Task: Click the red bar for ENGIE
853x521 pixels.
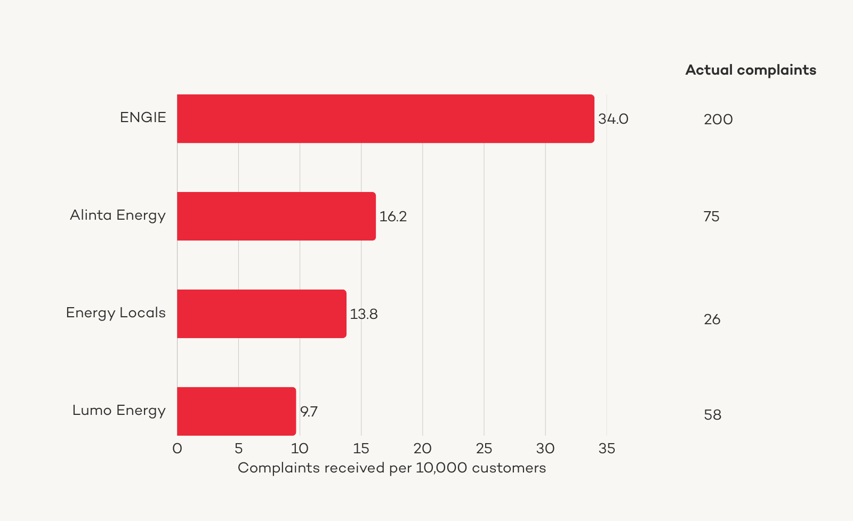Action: [385, 118]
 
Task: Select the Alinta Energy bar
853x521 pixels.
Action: [276, 216]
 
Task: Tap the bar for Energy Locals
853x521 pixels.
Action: [261, 314]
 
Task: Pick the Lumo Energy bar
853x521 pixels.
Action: [236, 411]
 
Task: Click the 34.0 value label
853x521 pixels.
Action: [613, 119]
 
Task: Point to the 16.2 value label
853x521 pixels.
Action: [393, 217]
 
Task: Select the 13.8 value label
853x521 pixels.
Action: [364, 314]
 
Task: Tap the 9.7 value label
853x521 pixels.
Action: [309, 412]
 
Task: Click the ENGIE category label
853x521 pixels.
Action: [143, 117]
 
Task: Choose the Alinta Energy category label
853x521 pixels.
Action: [118, 215]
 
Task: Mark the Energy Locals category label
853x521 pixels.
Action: [116, 312]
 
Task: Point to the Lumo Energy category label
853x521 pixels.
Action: [119, 410]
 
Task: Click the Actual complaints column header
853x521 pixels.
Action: [751, 70]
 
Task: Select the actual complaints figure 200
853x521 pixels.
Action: [718, 119]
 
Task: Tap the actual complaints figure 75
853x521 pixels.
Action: [711, 217]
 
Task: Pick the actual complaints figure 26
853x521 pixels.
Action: [712, 319]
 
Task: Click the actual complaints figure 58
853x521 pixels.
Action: [712, 415]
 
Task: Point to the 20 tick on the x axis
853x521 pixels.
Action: [423, 448]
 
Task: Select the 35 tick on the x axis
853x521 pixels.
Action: [607, 448]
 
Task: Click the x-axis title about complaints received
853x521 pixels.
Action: [392, 468]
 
